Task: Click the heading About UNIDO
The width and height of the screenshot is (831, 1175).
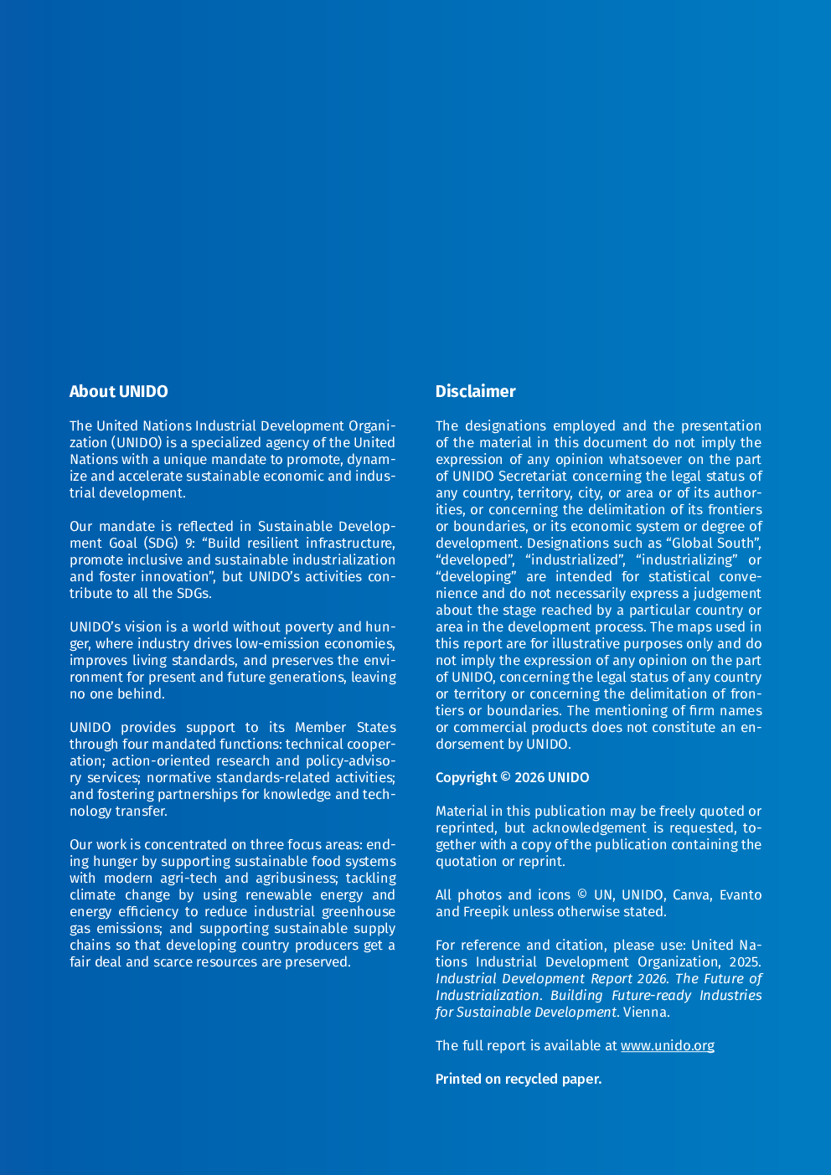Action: (118, 391)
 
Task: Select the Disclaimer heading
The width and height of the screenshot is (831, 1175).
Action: (475, 391)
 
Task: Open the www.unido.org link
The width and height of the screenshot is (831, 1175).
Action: (667, 1045)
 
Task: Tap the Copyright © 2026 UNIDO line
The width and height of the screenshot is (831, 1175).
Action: (512, 777)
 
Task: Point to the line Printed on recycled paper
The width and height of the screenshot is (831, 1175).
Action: (518, 1079)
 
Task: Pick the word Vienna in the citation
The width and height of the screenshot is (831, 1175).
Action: (646, 1012)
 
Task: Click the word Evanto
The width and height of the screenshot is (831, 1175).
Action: (741, 894)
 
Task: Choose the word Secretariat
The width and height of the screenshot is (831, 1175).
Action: (532, 476)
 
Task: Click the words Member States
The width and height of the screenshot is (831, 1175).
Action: (345, 727)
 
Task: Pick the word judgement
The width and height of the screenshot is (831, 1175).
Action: (727, 593)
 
